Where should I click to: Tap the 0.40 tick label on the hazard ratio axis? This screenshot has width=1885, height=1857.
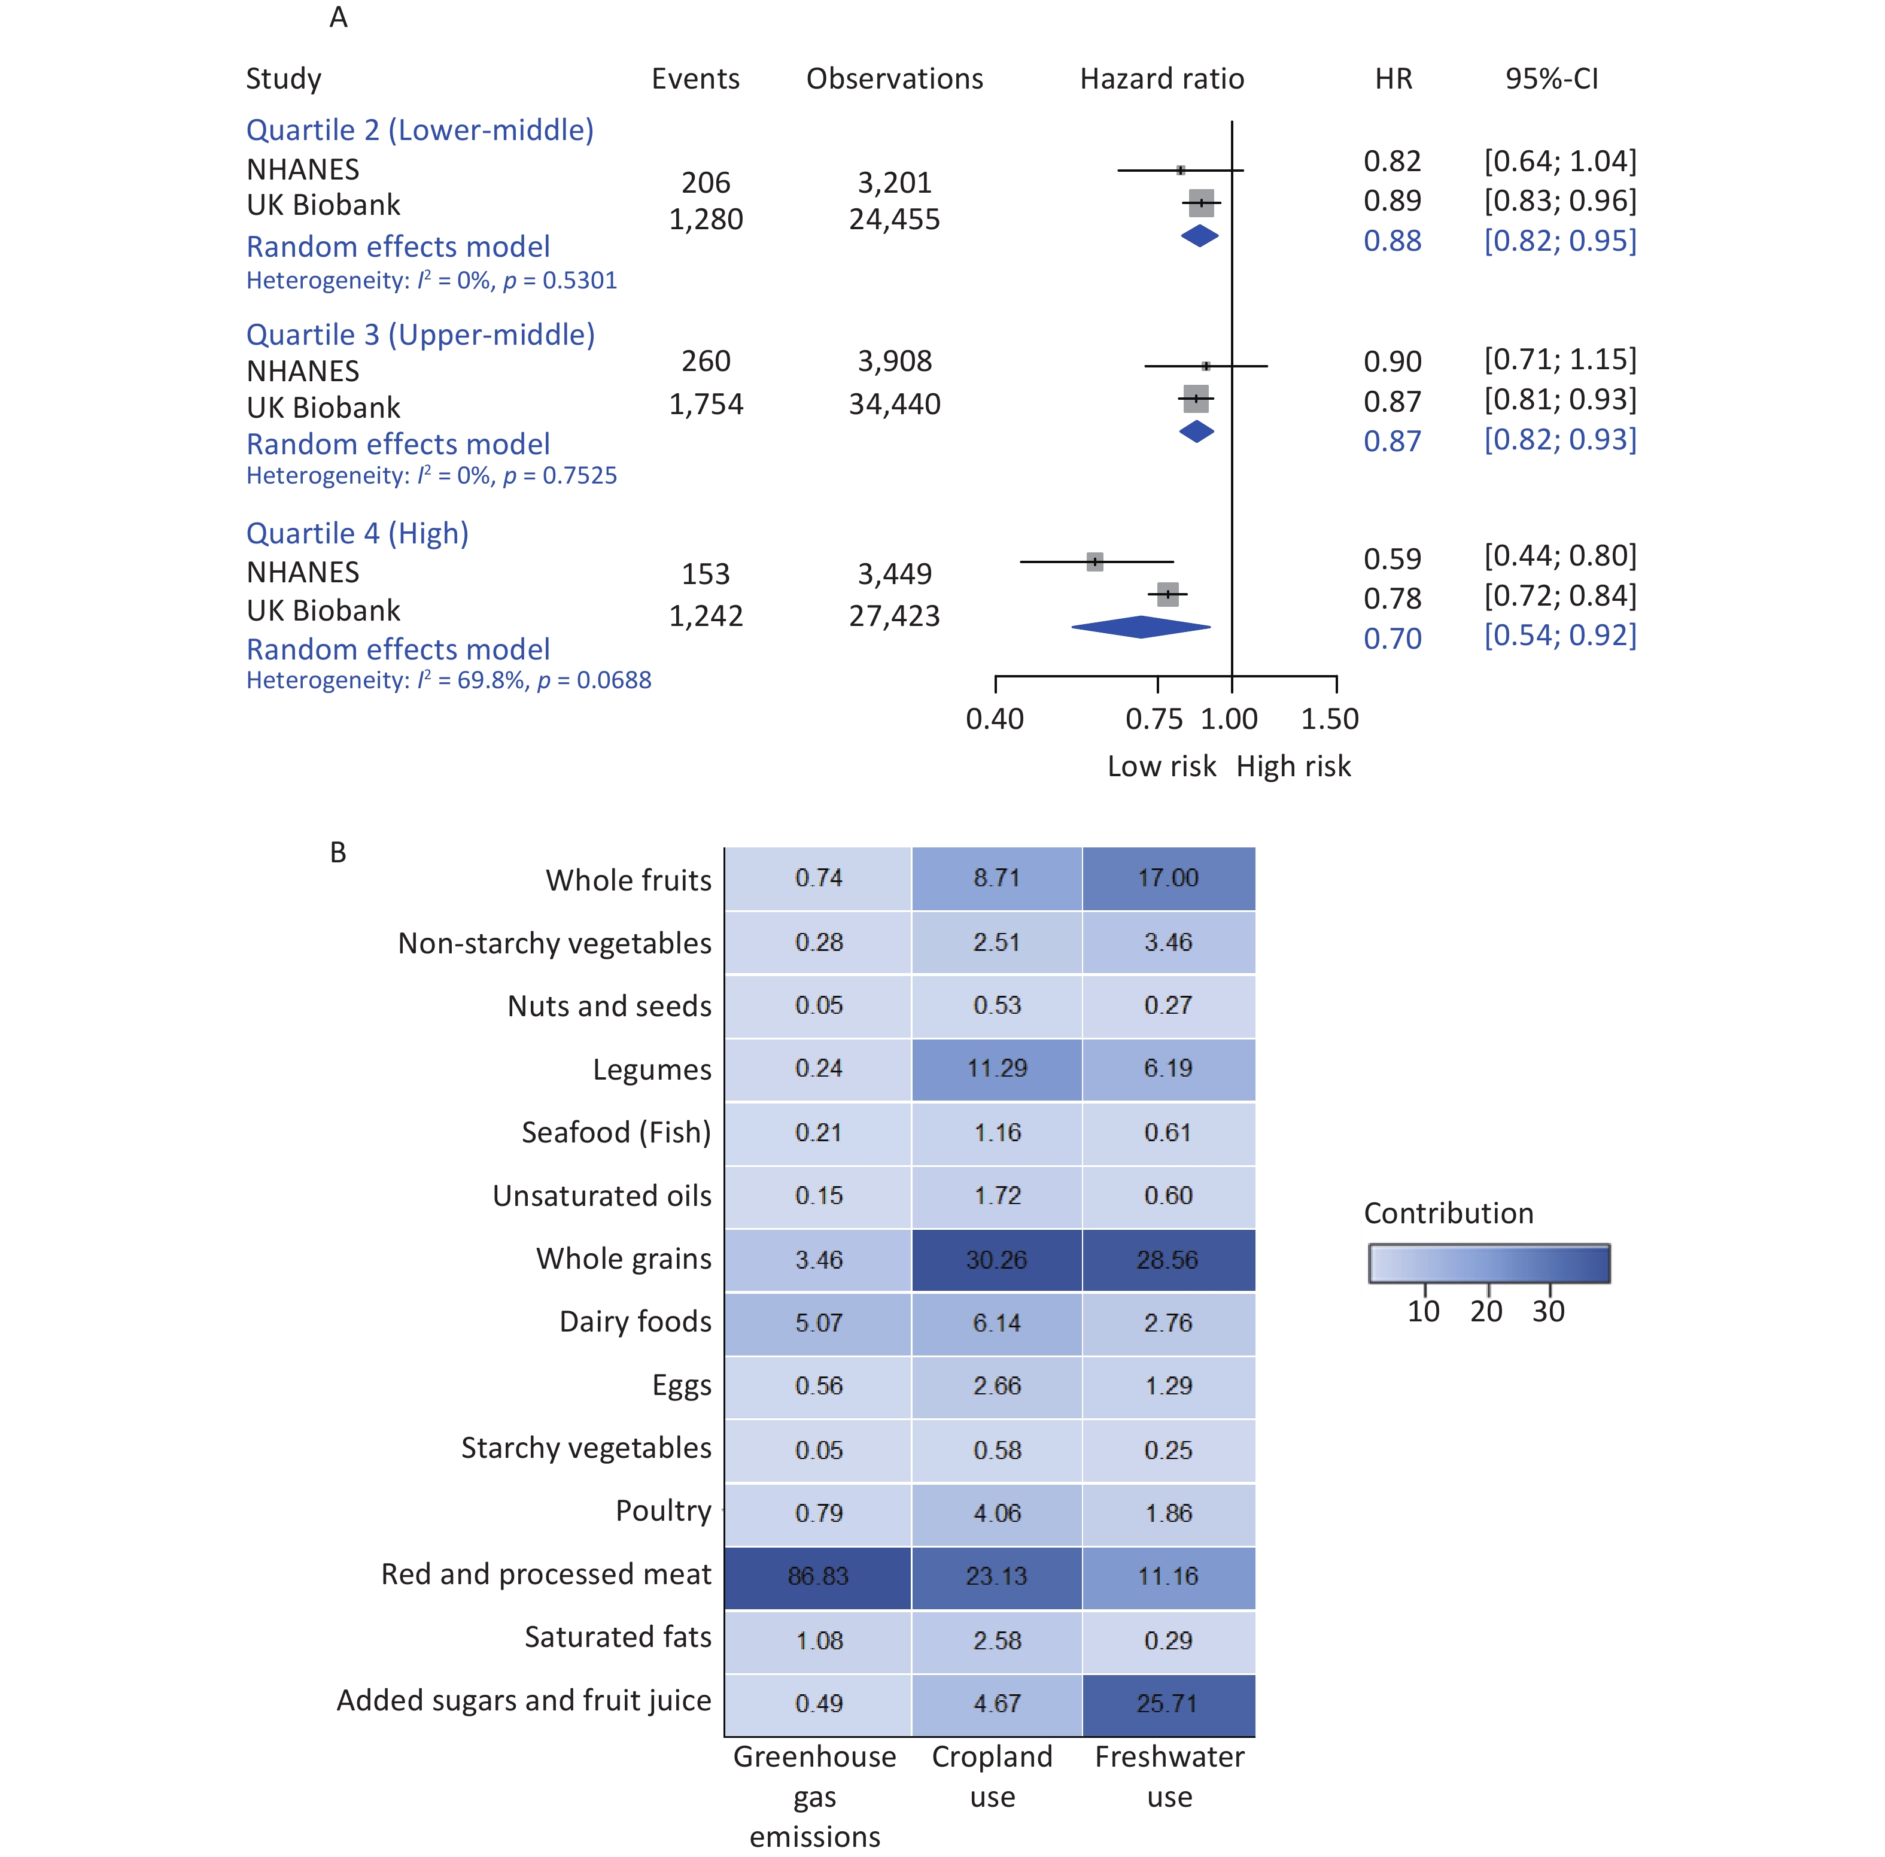[994, 720]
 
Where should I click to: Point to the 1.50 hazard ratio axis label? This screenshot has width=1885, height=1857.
[1328, 720]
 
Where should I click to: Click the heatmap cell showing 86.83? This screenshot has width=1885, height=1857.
[817, 1576]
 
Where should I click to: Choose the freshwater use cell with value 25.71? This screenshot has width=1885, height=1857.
[1168, 1704]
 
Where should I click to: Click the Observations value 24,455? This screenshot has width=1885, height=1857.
[893, 220]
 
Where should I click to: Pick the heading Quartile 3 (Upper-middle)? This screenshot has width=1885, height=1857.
[420, 335]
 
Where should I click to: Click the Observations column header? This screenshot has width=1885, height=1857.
[894, 79]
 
